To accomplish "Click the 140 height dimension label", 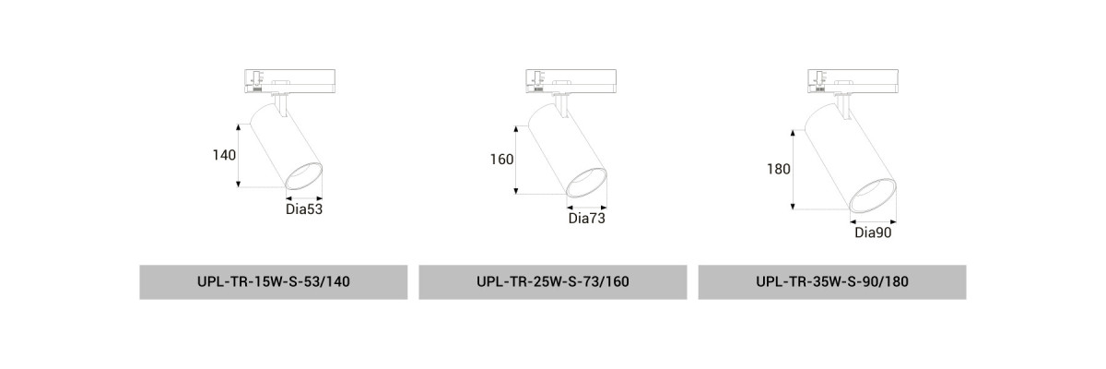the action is [x=224, y=155].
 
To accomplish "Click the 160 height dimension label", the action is [x=501, y=160].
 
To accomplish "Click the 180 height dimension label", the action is [x=779, y=170].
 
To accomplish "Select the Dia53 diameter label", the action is [x=304, y=209].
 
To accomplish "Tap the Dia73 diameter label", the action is [x=586, y=219].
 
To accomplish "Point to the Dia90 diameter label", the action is [x=873, y=232].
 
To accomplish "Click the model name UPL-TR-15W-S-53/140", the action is [x=274, y=281].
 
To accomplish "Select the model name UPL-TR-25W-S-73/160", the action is [x=552, y=281].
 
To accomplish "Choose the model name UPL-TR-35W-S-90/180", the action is [x=832, y=281].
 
